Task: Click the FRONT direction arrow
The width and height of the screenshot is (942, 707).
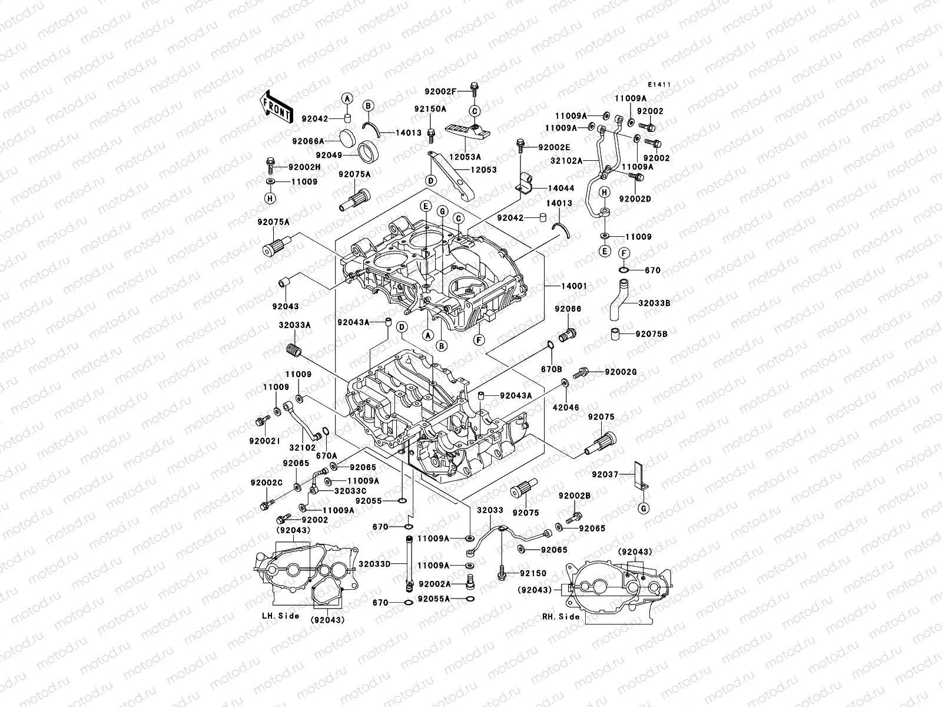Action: click(276, 106)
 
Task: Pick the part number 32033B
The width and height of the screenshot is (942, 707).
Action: click(655, 303)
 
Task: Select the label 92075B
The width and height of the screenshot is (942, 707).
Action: click(651, 334)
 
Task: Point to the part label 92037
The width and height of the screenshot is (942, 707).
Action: click(605, 474)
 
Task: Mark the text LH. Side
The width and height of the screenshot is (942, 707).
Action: click(280, 616)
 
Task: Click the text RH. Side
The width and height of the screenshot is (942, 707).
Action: click(560, 617)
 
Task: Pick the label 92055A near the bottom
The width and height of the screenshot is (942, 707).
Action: click(434, 599)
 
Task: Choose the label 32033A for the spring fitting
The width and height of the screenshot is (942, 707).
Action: click(294, 325)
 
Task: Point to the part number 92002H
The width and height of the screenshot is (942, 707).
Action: click(305, 167)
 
